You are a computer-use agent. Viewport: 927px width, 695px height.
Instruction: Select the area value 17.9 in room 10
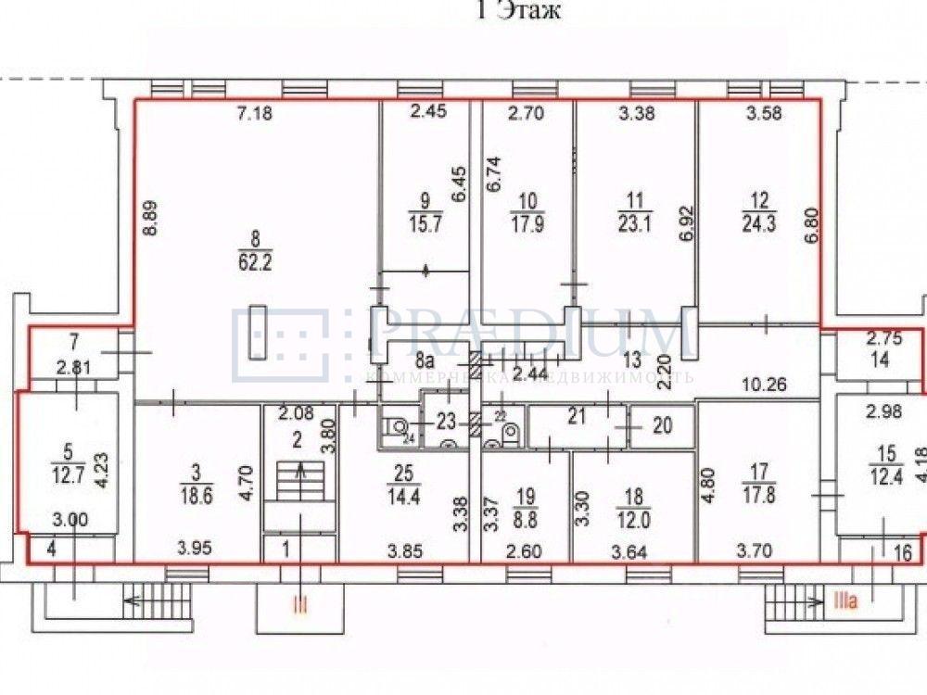[x=527, y=225]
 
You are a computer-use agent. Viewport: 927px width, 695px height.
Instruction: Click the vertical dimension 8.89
[x=150, y=225]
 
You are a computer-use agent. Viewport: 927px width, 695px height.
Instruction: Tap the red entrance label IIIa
[x=845, y=602]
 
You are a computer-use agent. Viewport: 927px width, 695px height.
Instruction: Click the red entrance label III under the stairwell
[x=299, y=606]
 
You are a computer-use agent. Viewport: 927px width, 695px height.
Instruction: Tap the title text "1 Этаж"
[x=518, y=11]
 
